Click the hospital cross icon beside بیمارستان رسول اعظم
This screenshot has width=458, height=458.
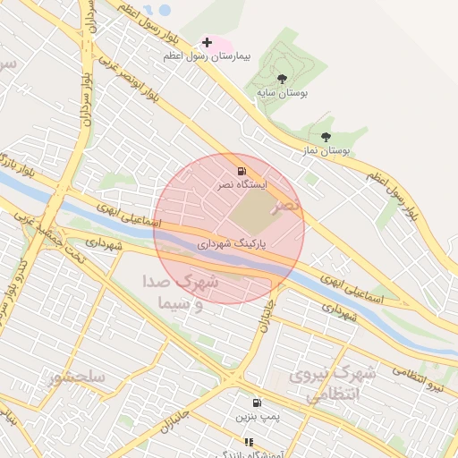(207, 42)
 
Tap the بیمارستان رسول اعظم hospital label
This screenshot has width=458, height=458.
(207, 56)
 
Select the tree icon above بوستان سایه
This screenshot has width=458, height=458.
(283, 80)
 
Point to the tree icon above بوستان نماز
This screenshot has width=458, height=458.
(326, 138)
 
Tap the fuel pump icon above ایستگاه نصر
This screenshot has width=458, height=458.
(241, 171)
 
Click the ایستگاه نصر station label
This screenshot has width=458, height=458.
(243, 184)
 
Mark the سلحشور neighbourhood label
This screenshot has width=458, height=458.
(78, 377)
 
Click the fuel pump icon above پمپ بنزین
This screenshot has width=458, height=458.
(258, 403)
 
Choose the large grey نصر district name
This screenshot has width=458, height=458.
(288, 206)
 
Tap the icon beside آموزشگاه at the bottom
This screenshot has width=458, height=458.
(248, 442)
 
